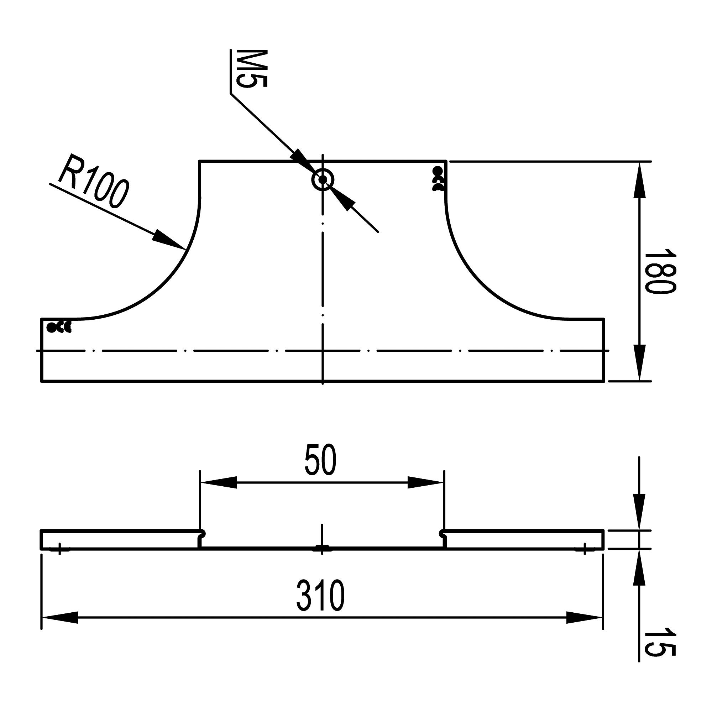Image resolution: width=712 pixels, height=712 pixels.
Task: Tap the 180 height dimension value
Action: (x=660, y=271)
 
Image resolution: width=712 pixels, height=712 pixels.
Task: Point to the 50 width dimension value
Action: (x=321, y=460)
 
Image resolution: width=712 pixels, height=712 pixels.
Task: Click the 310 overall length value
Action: (x=320, y=596)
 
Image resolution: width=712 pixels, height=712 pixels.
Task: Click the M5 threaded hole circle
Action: (x=323, y=180)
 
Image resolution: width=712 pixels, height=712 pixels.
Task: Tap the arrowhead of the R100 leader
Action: (x=169, y=240)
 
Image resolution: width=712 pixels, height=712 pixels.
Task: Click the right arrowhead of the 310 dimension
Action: (x=585, y=618)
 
